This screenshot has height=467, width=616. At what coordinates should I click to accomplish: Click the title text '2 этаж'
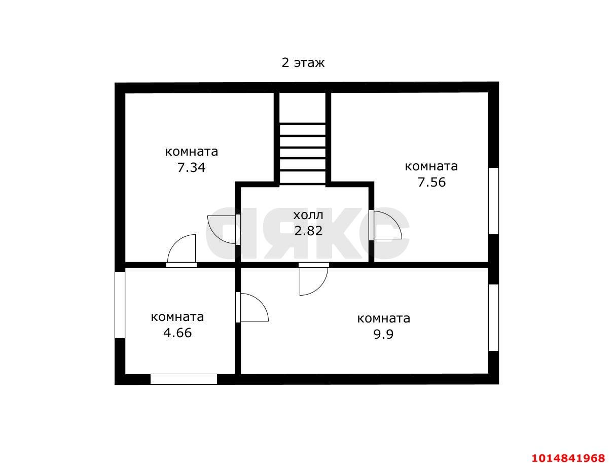point(303,62)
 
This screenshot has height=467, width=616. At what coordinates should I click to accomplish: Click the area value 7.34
point(191,167)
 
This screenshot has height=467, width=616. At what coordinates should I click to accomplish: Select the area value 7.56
point(431,182)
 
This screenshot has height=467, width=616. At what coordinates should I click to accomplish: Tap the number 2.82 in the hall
point(308,231)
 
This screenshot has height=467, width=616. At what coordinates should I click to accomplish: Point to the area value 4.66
point(177,333)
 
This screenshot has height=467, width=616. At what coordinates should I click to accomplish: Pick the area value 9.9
point(383,334)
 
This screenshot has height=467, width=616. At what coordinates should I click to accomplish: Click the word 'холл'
point(308,215)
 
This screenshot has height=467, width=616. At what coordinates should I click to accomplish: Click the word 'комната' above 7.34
point(192,152)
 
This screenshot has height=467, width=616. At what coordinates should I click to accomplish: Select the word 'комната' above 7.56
point(431,166)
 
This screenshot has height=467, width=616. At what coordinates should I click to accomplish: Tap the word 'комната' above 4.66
point(177,317)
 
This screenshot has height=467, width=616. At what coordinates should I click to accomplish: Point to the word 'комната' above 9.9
point(384,318)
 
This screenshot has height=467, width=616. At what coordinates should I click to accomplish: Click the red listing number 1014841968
point(568,458)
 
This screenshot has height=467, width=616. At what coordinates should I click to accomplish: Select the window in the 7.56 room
point(493,201)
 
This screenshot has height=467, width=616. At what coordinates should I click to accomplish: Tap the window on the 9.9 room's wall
point(493,317)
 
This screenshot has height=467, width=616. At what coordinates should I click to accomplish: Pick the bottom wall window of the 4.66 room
point(184,379)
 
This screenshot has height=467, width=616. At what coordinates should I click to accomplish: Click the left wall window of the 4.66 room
point(120,305)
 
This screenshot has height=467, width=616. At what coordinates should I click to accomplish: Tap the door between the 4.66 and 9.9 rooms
point(252,307)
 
